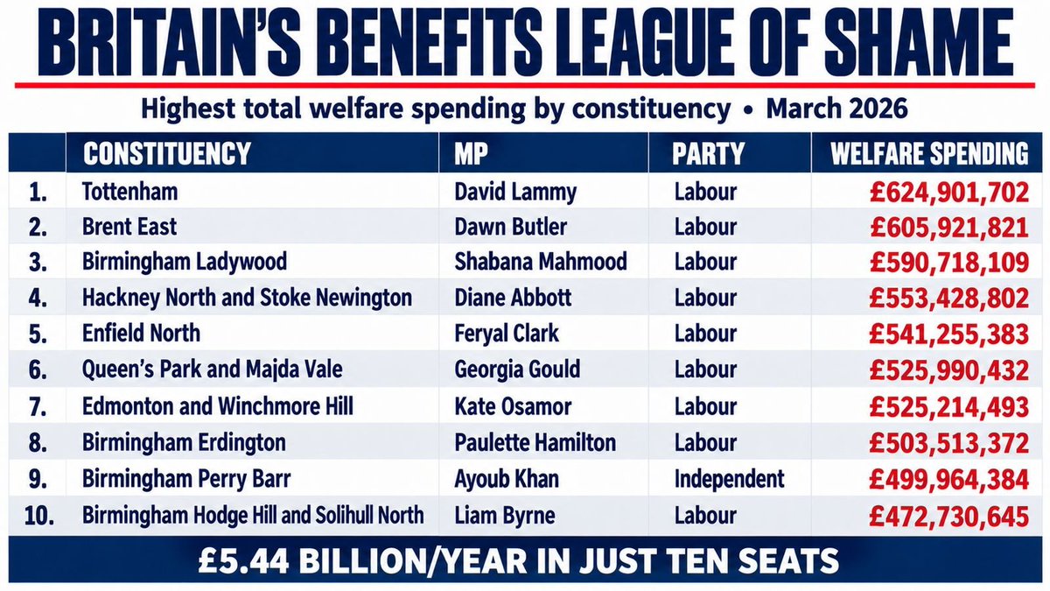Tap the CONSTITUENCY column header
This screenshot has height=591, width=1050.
167,153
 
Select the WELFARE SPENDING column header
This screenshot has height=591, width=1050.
929,153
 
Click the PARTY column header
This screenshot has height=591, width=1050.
708,153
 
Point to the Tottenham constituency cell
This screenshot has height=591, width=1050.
129,192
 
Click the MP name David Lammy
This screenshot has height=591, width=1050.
515,193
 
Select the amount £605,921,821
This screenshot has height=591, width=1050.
949,228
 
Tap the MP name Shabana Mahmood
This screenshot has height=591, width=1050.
541,261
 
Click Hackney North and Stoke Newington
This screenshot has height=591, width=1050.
247,298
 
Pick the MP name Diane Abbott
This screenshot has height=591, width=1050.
513,298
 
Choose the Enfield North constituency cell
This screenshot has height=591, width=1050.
141,333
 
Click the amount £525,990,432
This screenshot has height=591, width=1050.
949,370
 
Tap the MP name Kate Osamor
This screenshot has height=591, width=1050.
513,406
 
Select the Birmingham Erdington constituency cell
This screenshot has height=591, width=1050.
184,443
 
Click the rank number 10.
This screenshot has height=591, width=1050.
38,516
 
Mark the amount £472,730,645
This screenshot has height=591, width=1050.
949,517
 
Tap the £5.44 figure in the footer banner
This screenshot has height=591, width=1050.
243,561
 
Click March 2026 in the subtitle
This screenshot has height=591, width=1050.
836,109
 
